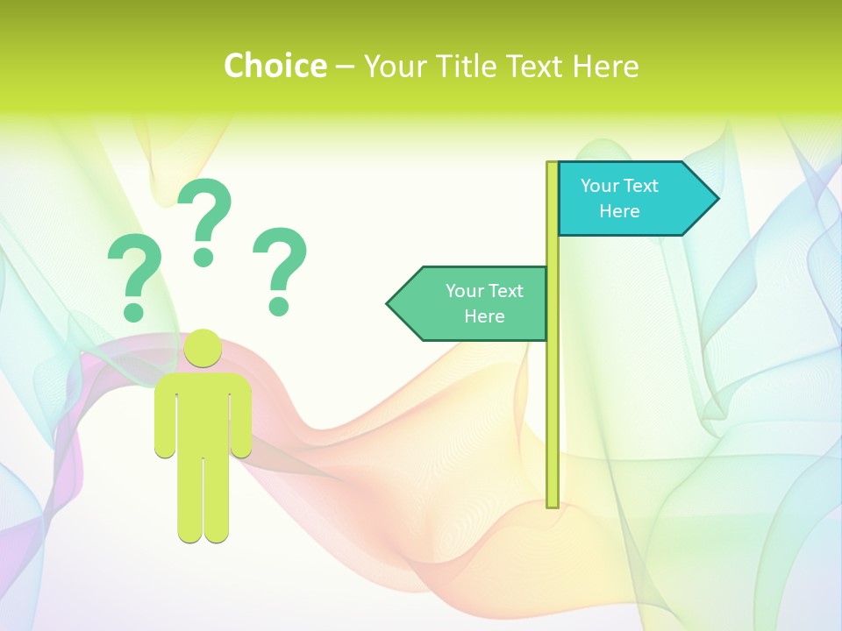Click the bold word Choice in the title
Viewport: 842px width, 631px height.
[275, 66]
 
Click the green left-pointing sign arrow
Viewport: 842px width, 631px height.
[474, 303]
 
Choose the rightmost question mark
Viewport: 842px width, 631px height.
[280, 268]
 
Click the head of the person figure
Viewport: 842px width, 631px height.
[203, 348]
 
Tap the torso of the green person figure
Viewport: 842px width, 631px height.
[203, 412]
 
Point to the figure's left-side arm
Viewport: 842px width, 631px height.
[165, 416]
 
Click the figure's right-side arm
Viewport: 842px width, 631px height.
[241, 416]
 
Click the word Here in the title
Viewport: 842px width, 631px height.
[605, 66]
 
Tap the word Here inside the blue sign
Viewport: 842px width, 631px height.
[619, 211]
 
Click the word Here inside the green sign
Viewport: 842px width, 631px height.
[484, 316]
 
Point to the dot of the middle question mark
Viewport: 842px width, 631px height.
[203, 256]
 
